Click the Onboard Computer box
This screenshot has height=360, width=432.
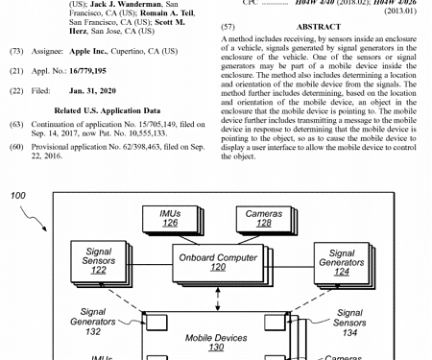tap(217, 262)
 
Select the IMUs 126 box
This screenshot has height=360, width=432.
tap(170, 218)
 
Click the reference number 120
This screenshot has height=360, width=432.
tap(217, 270)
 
